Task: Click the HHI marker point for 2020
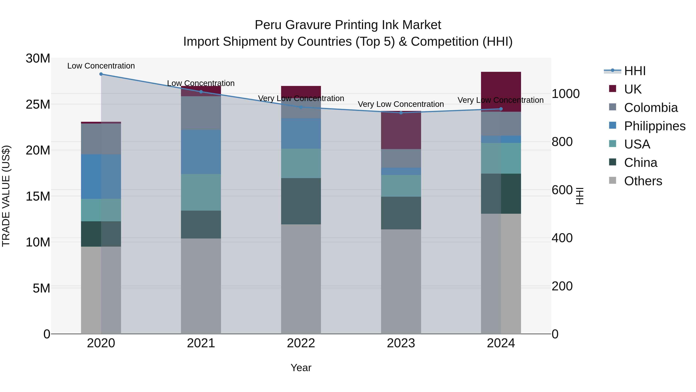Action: tap(101, 74)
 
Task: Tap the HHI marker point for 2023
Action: tap(401, 113)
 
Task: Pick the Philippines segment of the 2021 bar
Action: tap(201, 152)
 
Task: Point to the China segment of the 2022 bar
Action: tap(301, 201)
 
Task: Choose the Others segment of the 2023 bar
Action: tap(401, 281)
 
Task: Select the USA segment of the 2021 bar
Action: tap(201, 192)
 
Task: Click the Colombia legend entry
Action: tap(651, 108)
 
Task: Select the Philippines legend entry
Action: tap(654, 126)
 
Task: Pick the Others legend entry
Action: tap(643, 181)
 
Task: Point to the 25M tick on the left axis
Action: tap(38, 104)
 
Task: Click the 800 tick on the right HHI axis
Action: tap(562, 142)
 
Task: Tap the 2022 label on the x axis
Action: tap(301, 343)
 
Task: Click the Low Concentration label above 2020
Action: tap(101, 66)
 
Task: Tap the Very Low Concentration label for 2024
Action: tap(500, 100)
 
